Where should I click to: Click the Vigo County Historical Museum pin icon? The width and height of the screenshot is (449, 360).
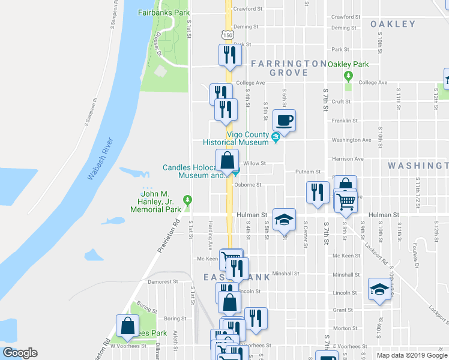tap(276, 137)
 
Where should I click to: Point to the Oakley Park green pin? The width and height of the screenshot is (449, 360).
tap(348, 76)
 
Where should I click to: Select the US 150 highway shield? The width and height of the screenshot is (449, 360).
tap(228, 35)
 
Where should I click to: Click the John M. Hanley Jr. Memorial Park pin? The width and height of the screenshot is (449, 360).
tap(188, 199)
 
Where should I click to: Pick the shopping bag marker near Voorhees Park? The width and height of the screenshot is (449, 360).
tap(128, 327)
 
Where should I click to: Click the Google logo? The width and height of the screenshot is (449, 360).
tap(20, 353)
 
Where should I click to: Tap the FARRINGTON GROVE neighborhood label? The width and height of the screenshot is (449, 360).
tap(289, 68)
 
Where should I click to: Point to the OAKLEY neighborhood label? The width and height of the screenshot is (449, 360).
tap(393, 24)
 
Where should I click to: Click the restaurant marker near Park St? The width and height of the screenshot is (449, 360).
tap(230, 56)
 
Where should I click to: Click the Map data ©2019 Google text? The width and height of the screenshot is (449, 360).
tap(412, 355)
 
